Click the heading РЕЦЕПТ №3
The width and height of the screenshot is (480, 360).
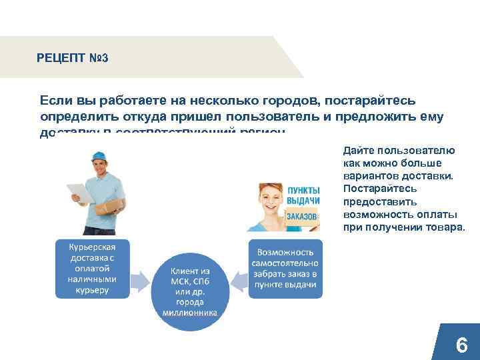click(73, 58)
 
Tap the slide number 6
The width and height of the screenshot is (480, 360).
click(461, 345)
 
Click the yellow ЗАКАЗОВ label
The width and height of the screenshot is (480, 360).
click(303, 216)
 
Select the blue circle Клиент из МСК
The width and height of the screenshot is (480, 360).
click(190, 292)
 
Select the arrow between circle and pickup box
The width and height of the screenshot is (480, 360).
click(238, 276)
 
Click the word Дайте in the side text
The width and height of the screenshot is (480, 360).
click(359, 150)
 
